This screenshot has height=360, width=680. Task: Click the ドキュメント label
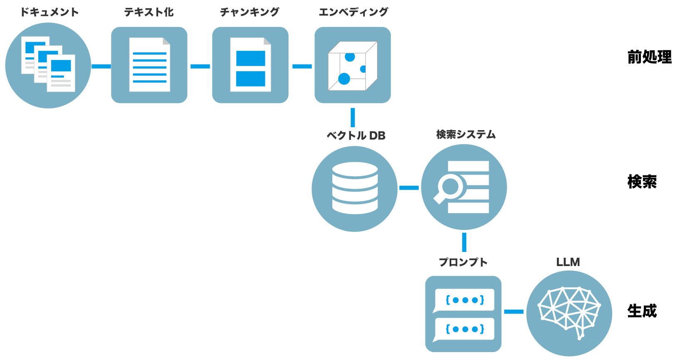pos(49,12)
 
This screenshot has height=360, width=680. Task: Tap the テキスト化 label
pos(149,12)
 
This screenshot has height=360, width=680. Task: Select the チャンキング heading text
pos(250,12)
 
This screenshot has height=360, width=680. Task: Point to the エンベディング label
pos(353,12)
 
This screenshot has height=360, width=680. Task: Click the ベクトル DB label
pos(356,136)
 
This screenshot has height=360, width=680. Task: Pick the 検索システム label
pos(466,134)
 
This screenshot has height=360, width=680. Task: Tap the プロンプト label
pos(463,262)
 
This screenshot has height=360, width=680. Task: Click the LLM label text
pos(568,262)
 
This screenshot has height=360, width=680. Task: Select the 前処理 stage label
pos(649,57)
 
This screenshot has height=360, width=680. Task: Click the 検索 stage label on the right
pos(642,182)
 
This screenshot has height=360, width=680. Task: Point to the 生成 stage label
pos(642,311)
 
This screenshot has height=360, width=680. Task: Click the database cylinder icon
pos(355,188)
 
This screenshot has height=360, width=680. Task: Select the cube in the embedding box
pos(352,66)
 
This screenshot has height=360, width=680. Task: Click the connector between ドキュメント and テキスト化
pos(101,66)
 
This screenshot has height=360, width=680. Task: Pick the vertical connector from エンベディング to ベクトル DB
pos(353,117)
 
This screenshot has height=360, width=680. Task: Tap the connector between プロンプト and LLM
pos(514,311)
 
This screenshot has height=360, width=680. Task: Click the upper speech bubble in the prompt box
pos(465,300)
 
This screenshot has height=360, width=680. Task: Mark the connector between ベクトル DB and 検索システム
pos(409,188)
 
